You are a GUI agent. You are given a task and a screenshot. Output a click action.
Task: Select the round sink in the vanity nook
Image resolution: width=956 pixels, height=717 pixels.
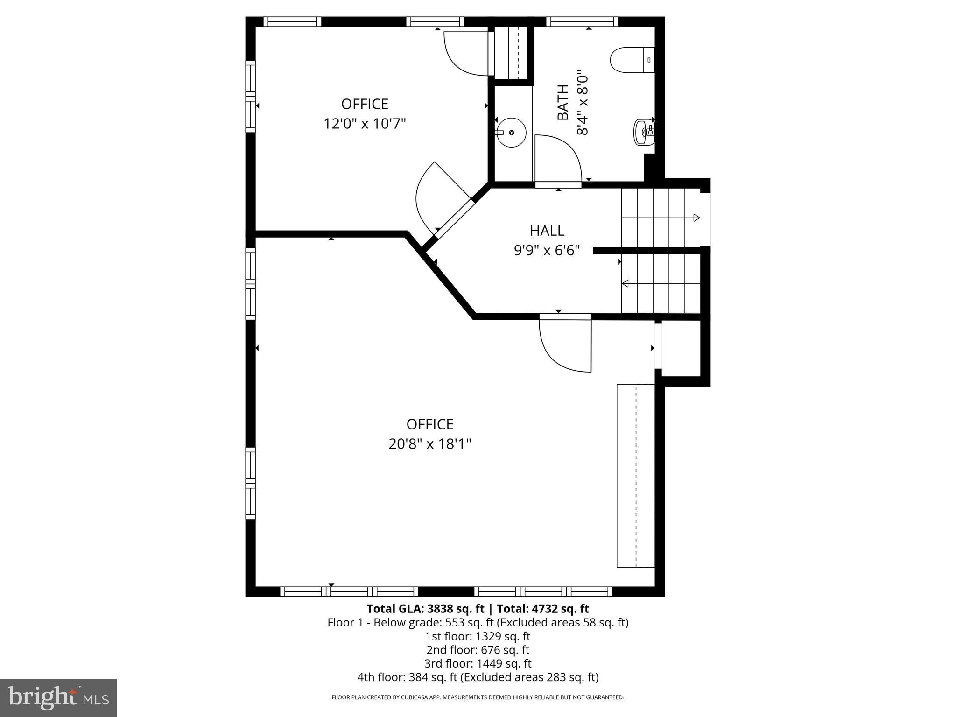(511, 133)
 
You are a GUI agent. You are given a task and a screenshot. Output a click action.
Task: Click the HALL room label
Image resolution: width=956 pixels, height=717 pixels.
(547, 231)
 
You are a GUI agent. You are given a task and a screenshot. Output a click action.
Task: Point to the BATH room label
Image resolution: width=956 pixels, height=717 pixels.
(563, 102)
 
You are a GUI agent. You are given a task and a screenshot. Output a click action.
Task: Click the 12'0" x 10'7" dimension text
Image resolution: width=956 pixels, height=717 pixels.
(365, 124)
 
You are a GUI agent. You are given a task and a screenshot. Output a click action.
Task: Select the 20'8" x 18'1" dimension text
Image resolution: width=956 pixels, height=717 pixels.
(429, 444)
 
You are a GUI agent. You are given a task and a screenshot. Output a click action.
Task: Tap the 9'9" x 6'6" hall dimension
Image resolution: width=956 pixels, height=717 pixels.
(547, 251)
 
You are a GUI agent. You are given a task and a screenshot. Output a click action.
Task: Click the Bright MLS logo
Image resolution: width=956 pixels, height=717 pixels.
(58, 697)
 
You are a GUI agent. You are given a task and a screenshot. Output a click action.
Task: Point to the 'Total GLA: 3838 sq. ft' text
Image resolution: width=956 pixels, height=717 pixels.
(426, 609)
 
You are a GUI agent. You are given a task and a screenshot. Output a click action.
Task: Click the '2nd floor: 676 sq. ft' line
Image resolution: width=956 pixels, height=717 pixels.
(478, 650)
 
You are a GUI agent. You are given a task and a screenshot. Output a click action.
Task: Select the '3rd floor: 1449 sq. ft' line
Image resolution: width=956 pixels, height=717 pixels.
(478, 663)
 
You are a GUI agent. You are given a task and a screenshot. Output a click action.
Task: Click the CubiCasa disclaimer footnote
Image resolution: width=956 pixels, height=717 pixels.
(478, 697)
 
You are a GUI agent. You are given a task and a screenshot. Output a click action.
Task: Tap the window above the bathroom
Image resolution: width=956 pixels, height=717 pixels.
(582, 21)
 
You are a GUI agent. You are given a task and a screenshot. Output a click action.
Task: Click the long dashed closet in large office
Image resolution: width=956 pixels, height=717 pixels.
(636, 476)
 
